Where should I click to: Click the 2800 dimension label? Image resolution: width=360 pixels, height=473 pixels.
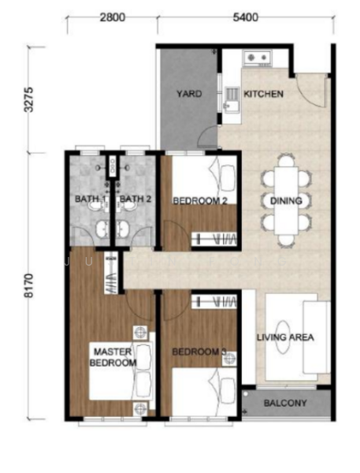[x=112, y=17]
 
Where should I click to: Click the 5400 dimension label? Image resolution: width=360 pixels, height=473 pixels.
[x=246, y=17]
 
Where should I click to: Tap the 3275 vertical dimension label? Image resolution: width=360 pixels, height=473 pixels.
[x=29, y=100]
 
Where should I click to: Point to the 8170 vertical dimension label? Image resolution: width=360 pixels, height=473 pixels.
[x=29, y=285]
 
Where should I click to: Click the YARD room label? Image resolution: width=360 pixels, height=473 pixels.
[x=189, y=94]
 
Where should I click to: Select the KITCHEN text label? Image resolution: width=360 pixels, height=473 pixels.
[x=264, y=94]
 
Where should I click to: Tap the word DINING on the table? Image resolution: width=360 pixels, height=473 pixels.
[x=286, y=201]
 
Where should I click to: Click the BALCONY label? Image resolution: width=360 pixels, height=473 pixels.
[x=285, y=403]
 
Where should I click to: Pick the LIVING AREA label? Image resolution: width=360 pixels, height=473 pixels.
[x=285, y=337]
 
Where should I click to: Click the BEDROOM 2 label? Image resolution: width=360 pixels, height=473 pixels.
[x=200, y=201]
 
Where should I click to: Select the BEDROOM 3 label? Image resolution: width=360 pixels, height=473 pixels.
[x=199, y=352]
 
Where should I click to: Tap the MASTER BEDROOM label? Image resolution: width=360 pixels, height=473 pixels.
[x=113, y=357]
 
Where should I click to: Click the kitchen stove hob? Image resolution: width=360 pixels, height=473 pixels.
[x=258, y=58]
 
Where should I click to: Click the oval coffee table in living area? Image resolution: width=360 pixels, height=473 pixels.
[x=283, y=337]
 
